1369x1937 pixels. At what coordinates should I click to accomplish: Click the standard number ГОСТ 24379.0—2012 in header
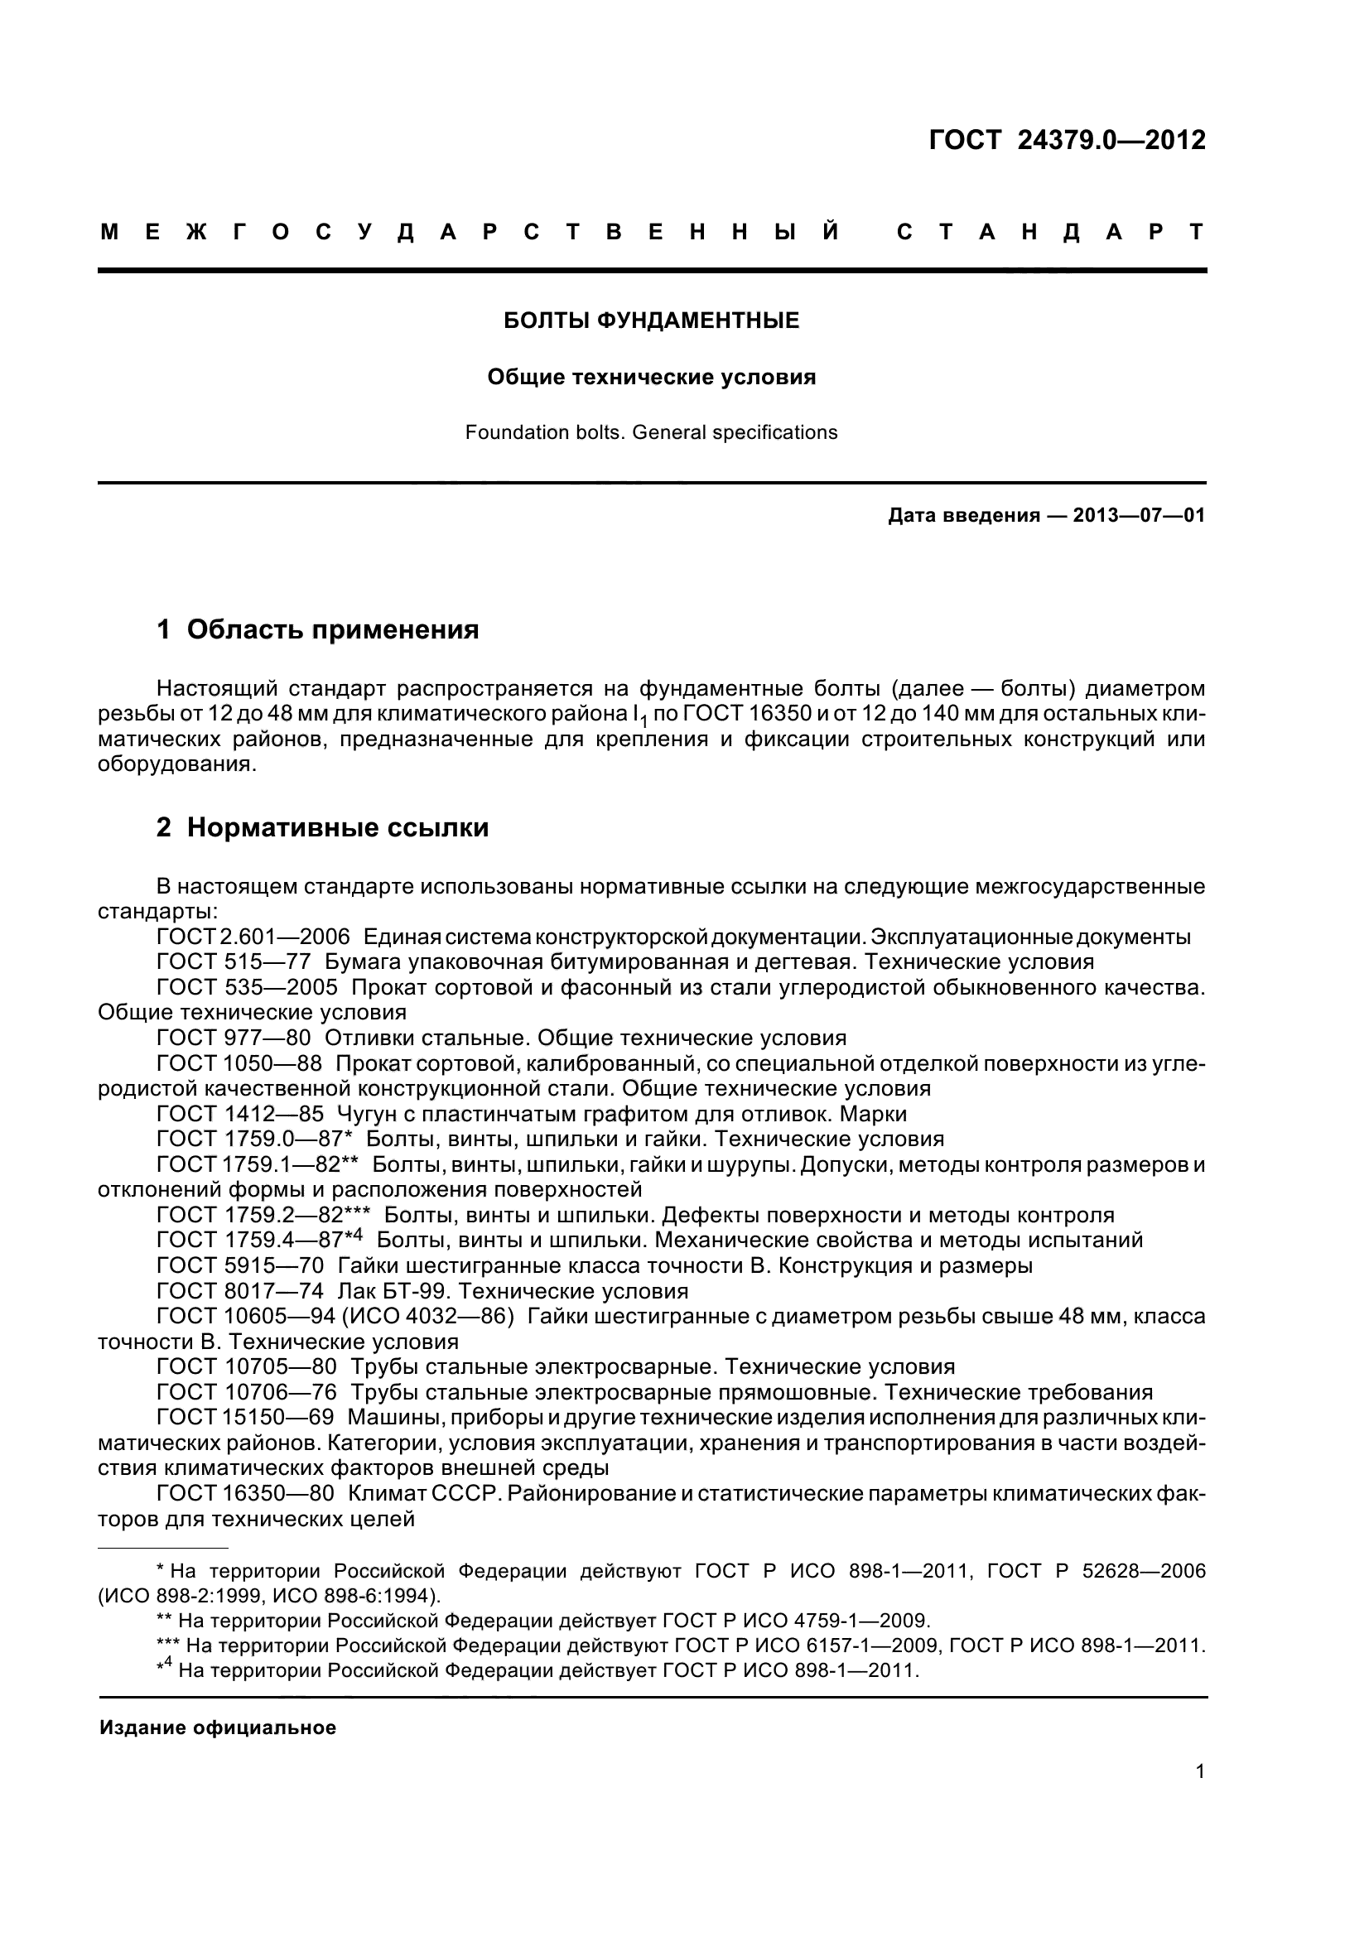pos(1066,140)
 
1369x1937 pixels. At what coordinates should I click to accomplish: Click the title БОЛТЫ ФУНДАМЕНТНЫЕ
pos(651,320)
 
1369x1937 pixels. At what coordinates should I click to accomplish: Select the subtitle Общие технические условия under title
pos(651,377)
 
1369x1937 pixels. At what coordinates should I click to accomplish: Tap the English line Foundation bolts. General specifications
pos(651,433)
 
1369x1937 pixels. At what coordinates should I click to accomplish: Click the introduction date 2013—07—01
pos(1138,515)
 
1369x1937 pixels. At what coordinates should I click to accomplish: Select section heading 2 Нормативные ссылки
pos(322,827)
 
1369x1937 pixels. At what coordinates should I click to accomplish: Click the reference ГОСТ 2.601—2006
pos(253,937)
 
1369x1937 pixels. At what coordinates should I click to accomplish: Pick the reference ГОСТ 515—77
pos(234,961)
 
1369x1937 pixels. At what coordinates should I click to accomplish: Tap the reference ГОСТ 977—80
pos(234,1038)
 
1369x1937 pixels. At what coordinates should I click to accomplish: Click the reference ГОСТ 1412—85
pos(239,1114)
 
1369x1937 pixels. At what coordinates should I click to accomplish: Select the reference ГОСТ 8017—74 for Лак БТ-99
pos(239,1291)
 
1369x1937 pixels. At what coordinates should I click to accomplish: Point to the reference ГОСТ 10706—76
pos(246,1392)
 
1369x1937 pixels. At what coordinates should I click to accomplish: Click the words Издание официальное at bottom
pos(218,1727)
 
